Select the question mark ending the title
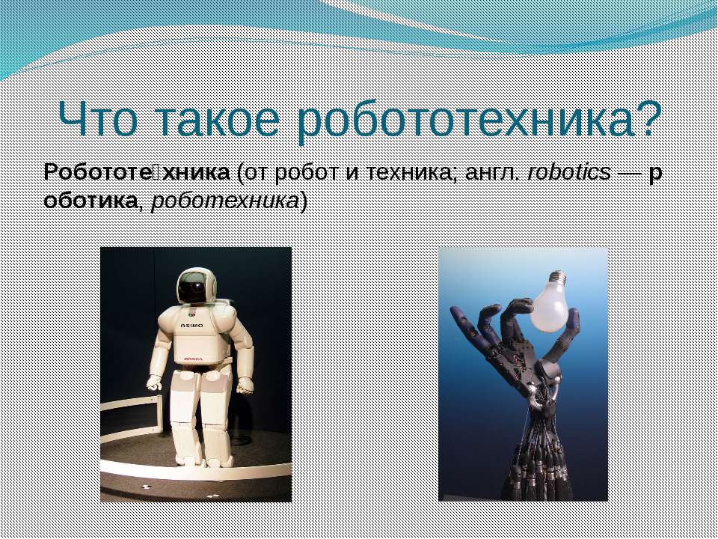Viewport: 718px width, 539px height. pyautogui.click(x=646, y=118)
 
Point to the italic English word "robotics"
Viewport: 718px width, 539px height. pyautogui.click(x=568, y=173)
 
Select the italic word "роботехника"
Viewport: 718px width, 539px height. pyautogui.click(x=225, y=201)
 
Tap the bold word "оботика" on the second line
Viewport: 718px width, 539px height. pyautogui.click(x=90, y=201)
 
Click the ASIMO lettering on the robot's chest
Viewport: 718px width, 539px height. pyautogui.click(x=191, y=326)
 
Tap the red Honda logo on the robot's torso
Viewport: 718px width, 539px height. pyautogui.click(x=193, y=359)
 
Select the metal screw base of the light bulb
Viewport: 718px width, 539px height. pyautogui.click(x=559, y=277)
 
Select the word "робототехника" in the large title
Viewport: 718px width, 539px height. pyautogui.click(x=463, y=120)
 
